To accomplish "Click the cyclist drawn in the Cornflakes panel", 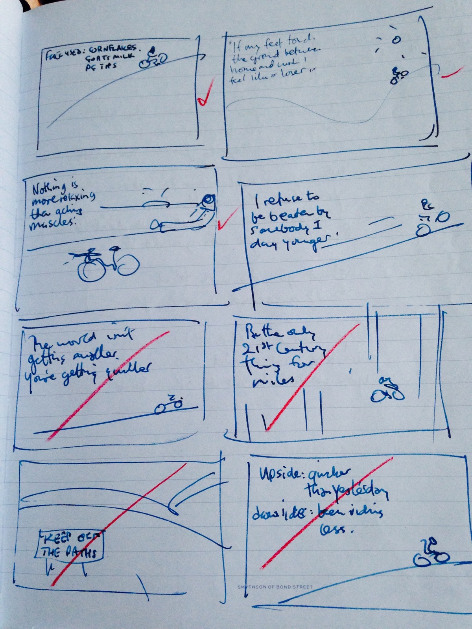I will coord(151,58).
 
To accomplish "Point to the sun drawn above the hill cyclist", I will coord(396,39).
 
